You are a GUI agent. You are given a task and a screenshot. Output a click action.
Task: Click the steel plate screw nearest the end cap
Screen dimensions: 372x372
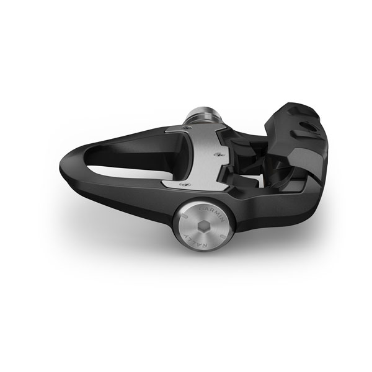[181, 184]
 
